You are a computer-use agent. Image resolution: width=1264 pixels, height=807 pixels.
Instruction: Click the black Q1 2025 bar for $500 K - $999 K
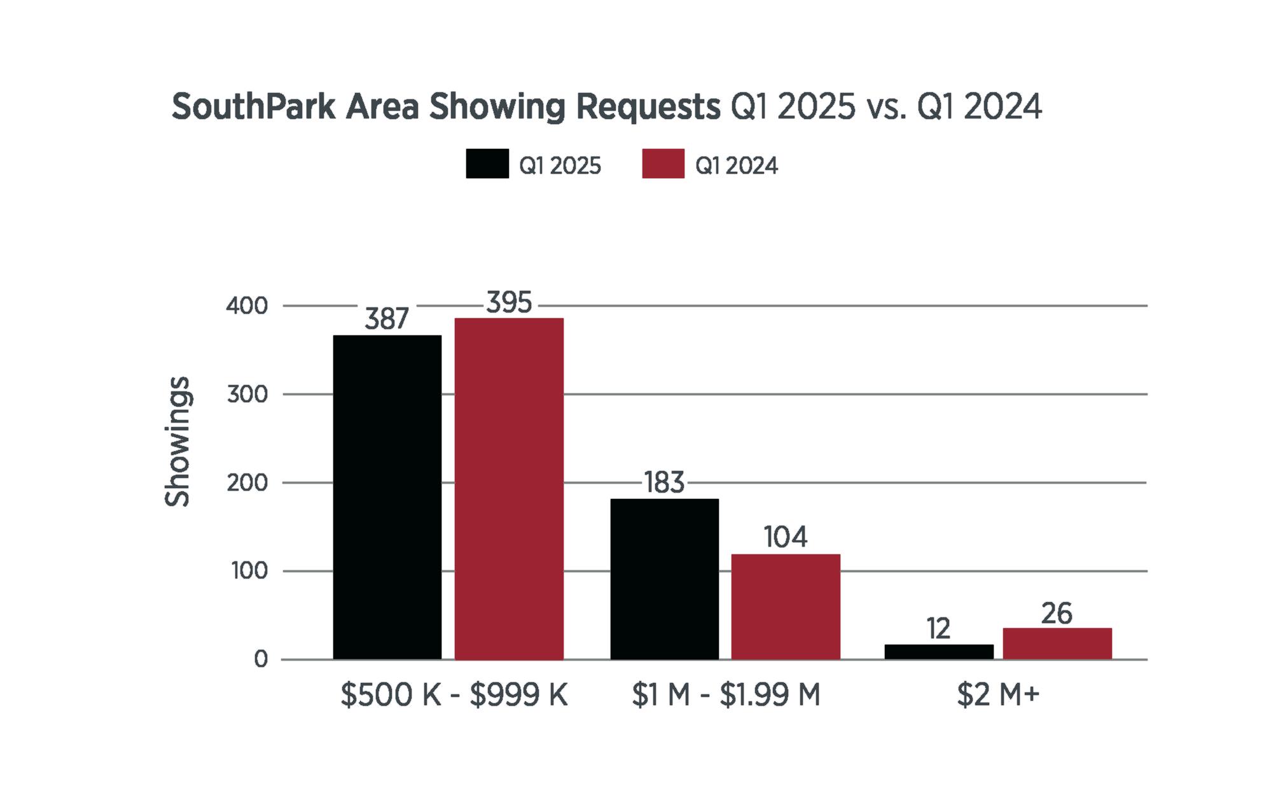[387, 497]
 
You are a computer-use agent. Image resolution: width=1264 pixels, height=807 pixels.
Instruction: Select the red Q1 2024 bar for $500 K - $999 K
[508, 488]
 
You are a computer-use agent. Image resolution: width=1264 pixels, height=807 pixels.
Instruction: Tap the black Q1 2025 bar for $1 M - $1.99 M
[664, 579]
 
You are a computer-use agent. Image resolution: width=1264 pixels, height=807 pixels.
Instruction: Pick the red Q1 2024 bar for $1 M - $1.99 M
[785, 607]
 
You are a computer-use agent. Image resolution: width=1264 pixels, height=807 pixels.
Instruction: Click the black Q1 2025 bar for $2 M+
[938, 652]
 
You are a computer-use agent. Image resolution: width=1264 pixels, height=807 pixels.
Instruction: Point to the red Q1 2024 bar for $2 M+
[1057, 643]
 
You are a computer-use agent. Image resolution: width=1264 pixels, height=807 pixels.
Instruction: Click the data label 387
[386, 318]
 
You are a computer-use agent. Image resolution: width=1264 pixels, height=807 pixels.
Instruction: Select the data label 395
[508, 303]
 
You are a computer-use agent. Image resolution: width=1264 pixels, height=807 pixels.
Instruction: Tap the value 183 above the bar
[663, 483]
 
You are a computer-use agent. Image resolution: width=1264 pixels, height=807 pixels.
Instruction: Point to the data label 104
[785, 537]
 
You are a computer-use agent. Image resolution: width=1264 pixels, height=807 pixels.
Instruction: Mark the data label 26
[1057, 614]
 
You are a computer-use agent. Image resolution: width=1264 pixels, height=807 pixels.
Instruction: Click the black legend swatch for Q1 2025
[487, 164]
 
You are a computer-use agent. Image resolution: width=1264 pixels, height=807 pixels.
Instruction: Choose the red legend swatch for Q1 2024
[663, 164]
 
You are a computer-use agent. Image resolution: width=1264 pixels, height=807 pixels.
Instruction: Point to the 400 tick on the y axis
[247, 306]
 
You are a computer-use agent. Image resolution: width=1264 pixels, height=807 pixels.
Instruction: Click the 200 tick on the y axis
[247, 483]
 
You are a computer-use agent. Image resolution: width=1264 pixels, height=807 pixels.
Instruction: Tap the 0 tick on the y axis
[261, 659]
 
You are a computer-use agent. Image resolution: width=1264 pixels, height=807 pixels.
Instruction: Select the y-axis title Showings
[177, 442]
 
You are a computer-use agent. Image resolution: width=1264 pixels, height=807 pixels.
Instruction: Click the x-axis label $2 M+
[997, 695]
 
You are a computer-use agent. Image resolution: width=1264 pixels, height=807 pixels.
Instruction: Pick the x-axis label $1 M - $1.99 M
[725, 695]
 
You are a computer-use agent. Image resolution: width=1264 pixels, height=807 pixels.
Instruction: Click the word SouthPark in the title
[253, 106]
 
